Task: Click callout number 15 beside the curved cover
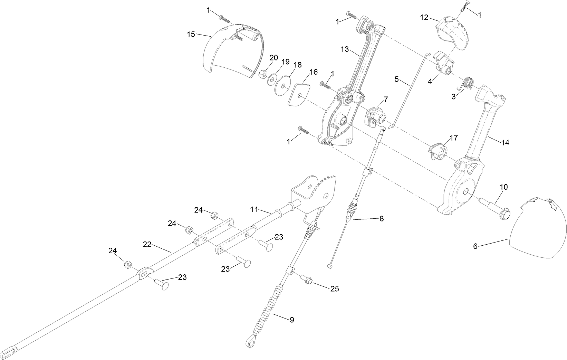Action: coord(191,34)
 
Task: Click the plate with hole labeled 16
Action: coord(298,93)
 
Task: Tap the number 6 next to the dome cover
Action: coord(475,246)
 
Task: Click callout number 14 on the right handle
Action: coord(505,143)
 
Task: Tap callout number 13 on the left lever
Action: coord(345,49)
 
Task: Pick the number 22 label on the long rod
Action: coord(147,244)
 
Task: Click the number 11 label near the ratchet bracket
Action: coord(254,209)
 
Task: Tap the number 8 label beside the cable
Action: coord(381,219)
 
